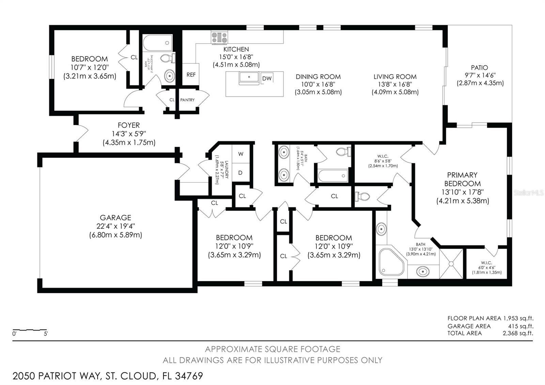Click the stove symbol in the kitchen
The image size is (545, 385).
[x=219, y=37]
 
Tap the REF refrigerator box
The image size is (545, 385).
[x=191, y=74]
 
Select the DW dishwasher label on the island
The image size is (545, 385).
[x=267, y=78]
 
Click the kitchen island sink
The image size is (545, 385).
[x=249, y=78]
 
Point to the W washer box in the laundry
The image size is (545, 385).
[x=241, y=154]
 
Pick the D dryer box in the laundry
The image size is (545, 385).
[x=240, y=173]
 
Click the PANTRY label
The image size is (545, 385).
[x=187, y=100]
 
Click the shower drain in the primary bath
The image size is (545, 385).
[x=451, y=263]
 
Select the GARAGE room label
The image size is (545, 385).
[x=115, y=217]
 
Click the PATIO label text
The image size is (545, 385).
[x=479, y=68]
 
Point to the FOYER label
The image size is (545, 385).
[x=129, y=125]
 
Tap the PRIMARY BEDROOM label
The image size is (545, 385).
[x=462, y=179]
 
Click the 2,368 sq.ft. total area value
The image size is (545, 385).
[x=518, y=333]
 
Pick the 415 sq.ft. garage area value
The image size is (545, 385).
[x=520, y=326]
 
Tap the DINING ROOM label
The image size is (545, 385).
[x=318, y=77]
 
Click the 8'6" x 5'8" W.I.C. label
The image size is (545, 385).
[x=383, y=161]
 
